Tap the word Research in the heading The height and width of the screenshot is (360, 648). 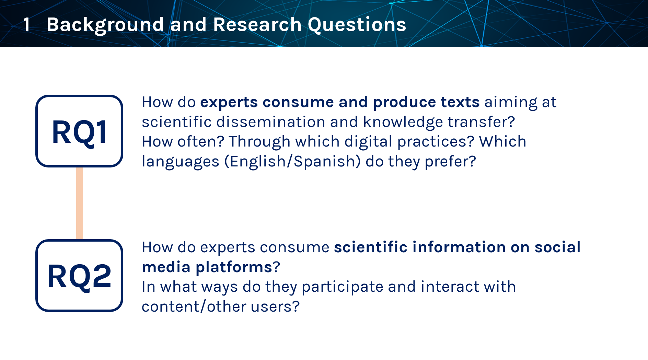click(257, 25)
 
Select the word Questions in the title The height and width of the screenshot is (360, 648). click(357, 25)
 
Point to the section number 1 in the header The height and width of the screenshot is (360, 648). click(26, 25)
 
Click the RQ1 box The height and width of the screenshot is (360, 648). click(79, 131)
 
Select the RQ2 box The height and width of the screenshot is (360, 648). click(79, 276)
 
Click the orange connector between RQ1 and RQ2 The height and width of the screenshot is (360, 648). click(79, 204)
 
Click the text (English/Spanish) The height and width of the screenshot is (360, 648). click(292, 162)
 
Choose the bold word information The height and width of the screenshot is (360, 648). click(459, 247)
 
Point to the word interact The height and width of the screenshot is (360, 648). click(450, 287)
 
